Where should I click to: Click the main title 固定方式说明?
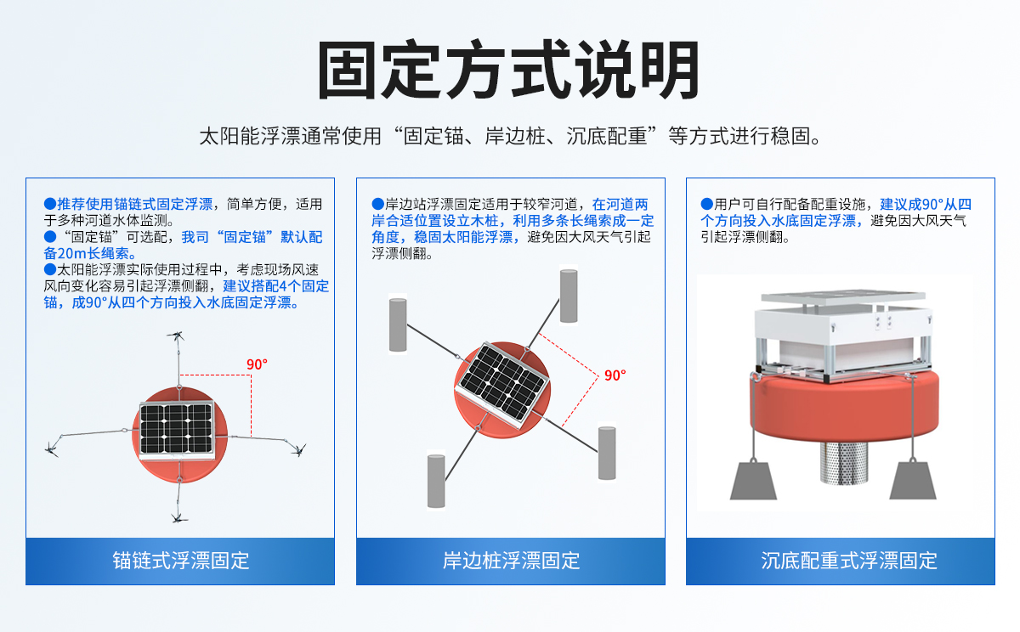click(x=509, y=70)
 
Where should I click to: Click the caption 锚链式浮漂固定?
click(x=180, y=561)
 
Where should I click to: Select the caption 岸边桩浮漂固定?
click(x=510, y=561)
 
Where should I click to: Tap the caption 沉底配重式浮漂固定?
click(x=840, y=561)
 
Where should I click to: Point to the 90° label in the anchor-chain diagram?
click(x=257, y=364)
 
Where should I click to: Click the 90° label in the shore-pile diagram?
click(x=615, y=375)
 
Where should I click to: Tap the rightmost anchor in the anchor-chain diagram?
click(x=298, y=448)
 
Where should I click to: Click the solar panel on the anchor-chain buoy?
click(x=176, y=429)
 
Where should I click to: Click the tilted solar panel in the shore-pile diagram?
click(x=501, y=384)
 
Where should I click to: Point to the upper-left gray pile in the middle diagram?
click(x=398, y=323)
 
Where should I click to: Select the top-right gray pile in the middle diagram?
click(x=569, y=296)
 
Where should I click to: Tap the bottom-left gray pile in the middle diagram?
click(x=436, y=481)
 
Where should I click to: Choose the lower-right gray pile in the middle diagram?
click(x=606, y=453)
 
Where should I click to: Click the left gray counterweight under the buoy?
click(x=753, y=479)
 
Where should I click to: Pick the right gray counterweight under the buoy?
click(x=912, y=479)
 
